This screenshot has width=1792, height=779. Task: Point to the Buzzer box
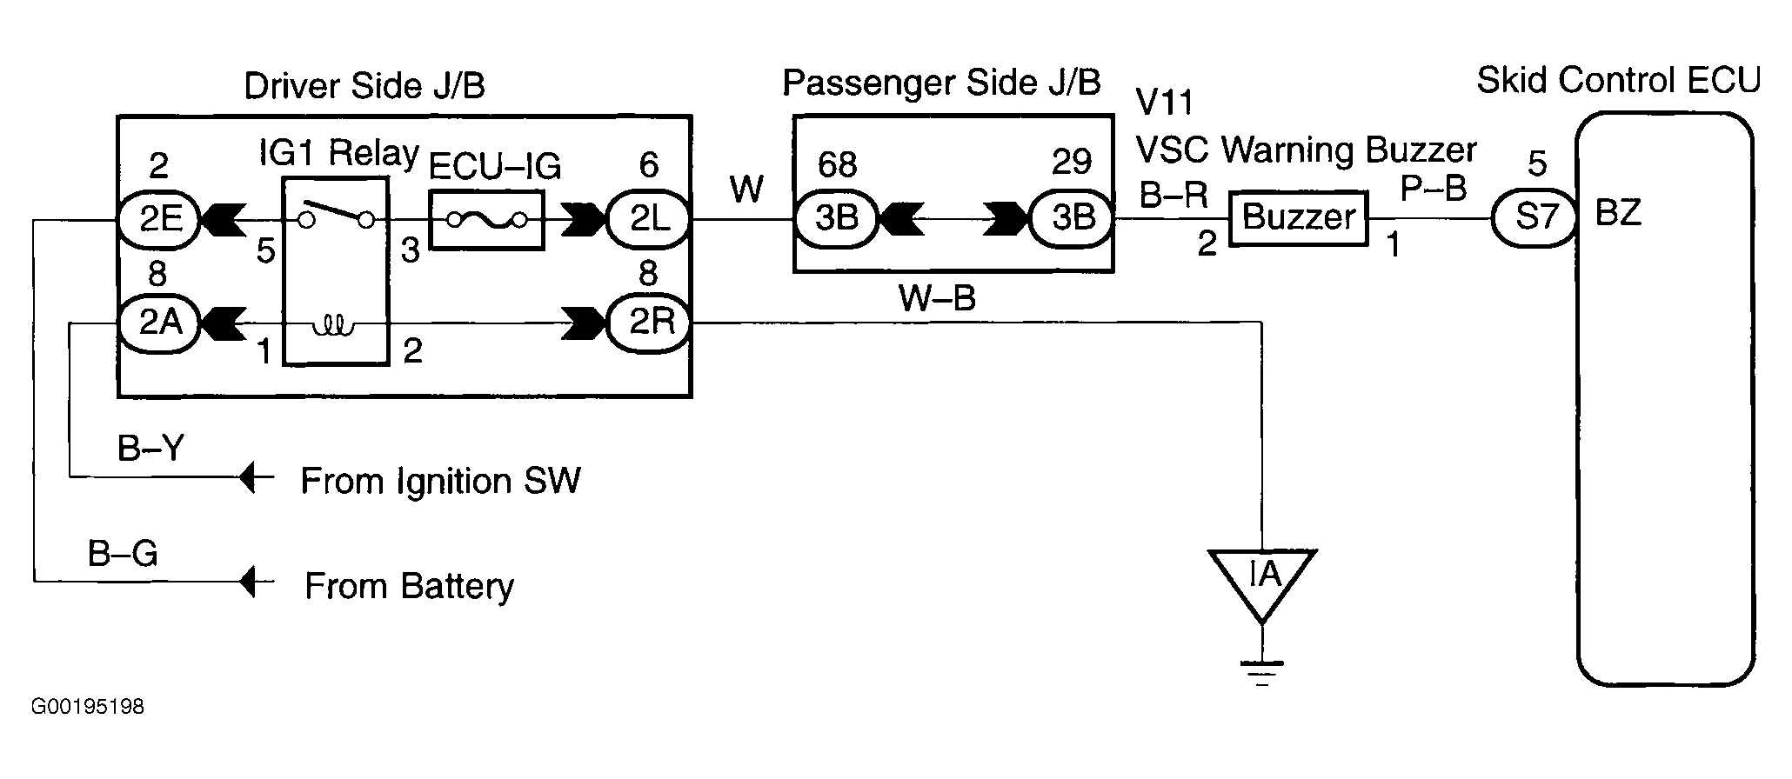1298,217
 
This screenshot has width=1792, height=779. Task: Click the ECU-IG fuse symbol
486,221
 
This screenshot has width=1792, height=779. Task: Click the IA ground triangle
1262,578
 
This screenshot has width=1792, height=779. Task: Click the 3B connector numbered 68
836,218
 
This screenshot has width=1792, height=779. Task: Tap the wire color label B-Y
151,449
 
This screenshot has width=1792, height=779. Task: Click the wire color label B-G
123,554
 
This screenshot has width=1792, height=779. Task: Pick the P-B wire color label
1434,188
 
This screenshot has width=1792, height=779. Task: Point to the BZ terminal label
1619,213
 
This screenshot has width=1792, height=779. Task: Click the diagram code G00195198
88,707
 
